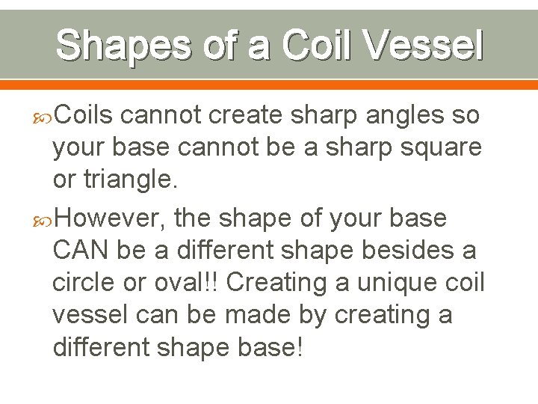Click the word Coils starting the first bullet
click(84, 116)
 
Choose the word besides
click(404, 251)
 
